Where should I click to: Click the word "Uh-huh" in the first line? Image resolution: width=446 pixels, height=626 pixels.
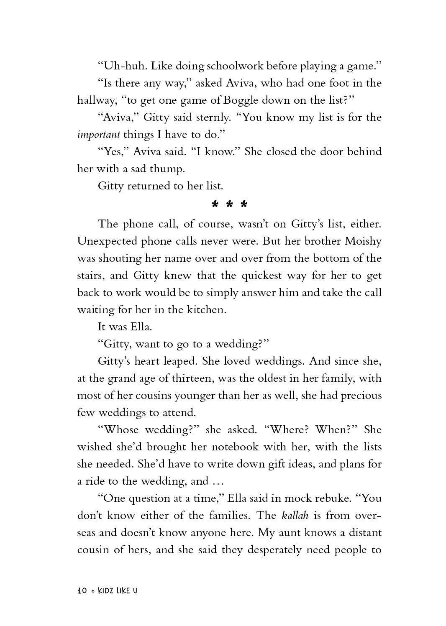[x=122, y=66]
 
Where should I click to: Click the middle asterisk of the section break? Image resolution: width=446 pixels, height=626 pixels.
[x=230, y=205]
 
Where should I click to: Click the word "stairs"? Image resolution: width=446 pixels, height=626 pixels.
[x=90, y=276]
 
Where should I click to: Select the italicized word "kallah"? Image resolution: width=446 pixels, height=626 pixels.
[x=295, y=516]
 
